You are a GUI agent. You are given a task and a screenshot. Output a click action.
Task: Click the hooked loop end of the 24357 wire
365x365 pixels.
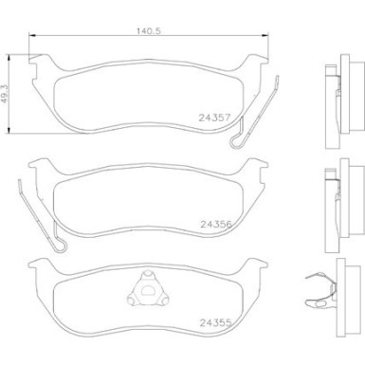237,144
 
